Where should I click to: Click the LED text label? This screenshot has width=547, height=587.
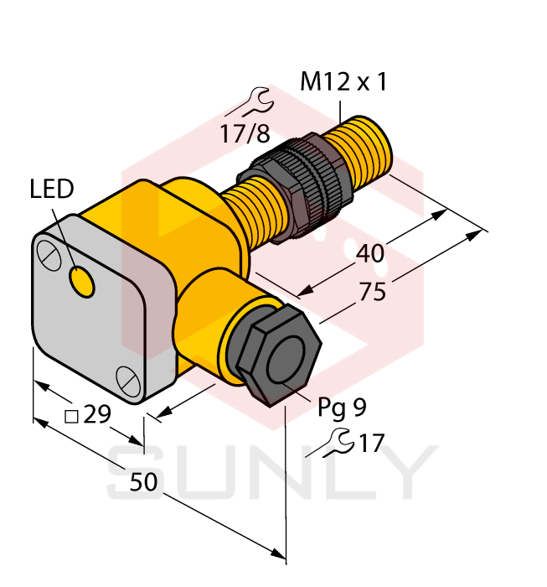coord(52,190)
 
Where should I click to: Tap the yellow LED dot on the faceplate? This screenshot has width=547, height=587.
coord(82,282)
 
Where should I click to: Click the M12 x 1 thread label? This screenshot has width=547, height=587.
coord(343,82)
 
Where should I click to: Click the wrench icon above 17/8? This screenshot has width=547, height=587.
coord(251,102)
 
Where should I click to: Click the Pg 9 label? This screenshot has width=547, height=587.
coord(342,408)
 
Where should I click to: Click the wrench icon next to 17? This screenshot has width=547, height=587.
coord(334,442)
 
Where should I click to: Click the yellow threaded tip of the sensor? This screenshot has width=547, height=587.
coord(364,151)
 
